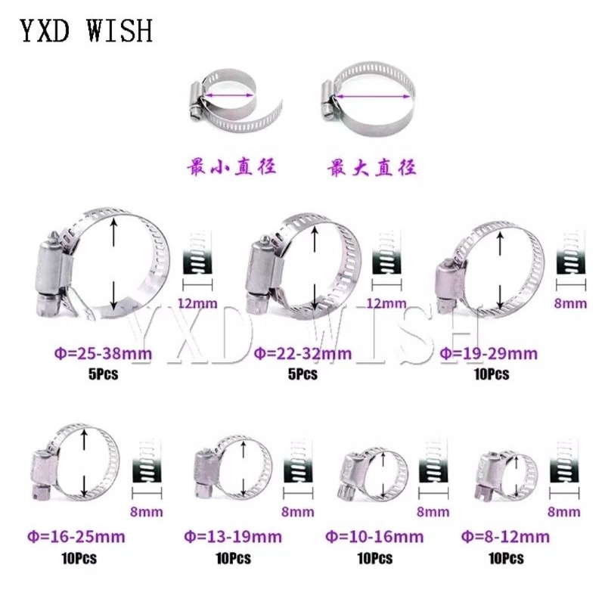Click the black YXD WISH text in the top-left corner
85,31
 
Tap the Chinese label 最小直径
232,167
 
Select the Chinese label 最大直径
372,167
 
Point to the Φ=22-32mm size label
302,352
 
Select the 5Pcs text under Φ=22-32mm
302,374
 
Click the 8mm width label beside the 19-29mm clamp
570,303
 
